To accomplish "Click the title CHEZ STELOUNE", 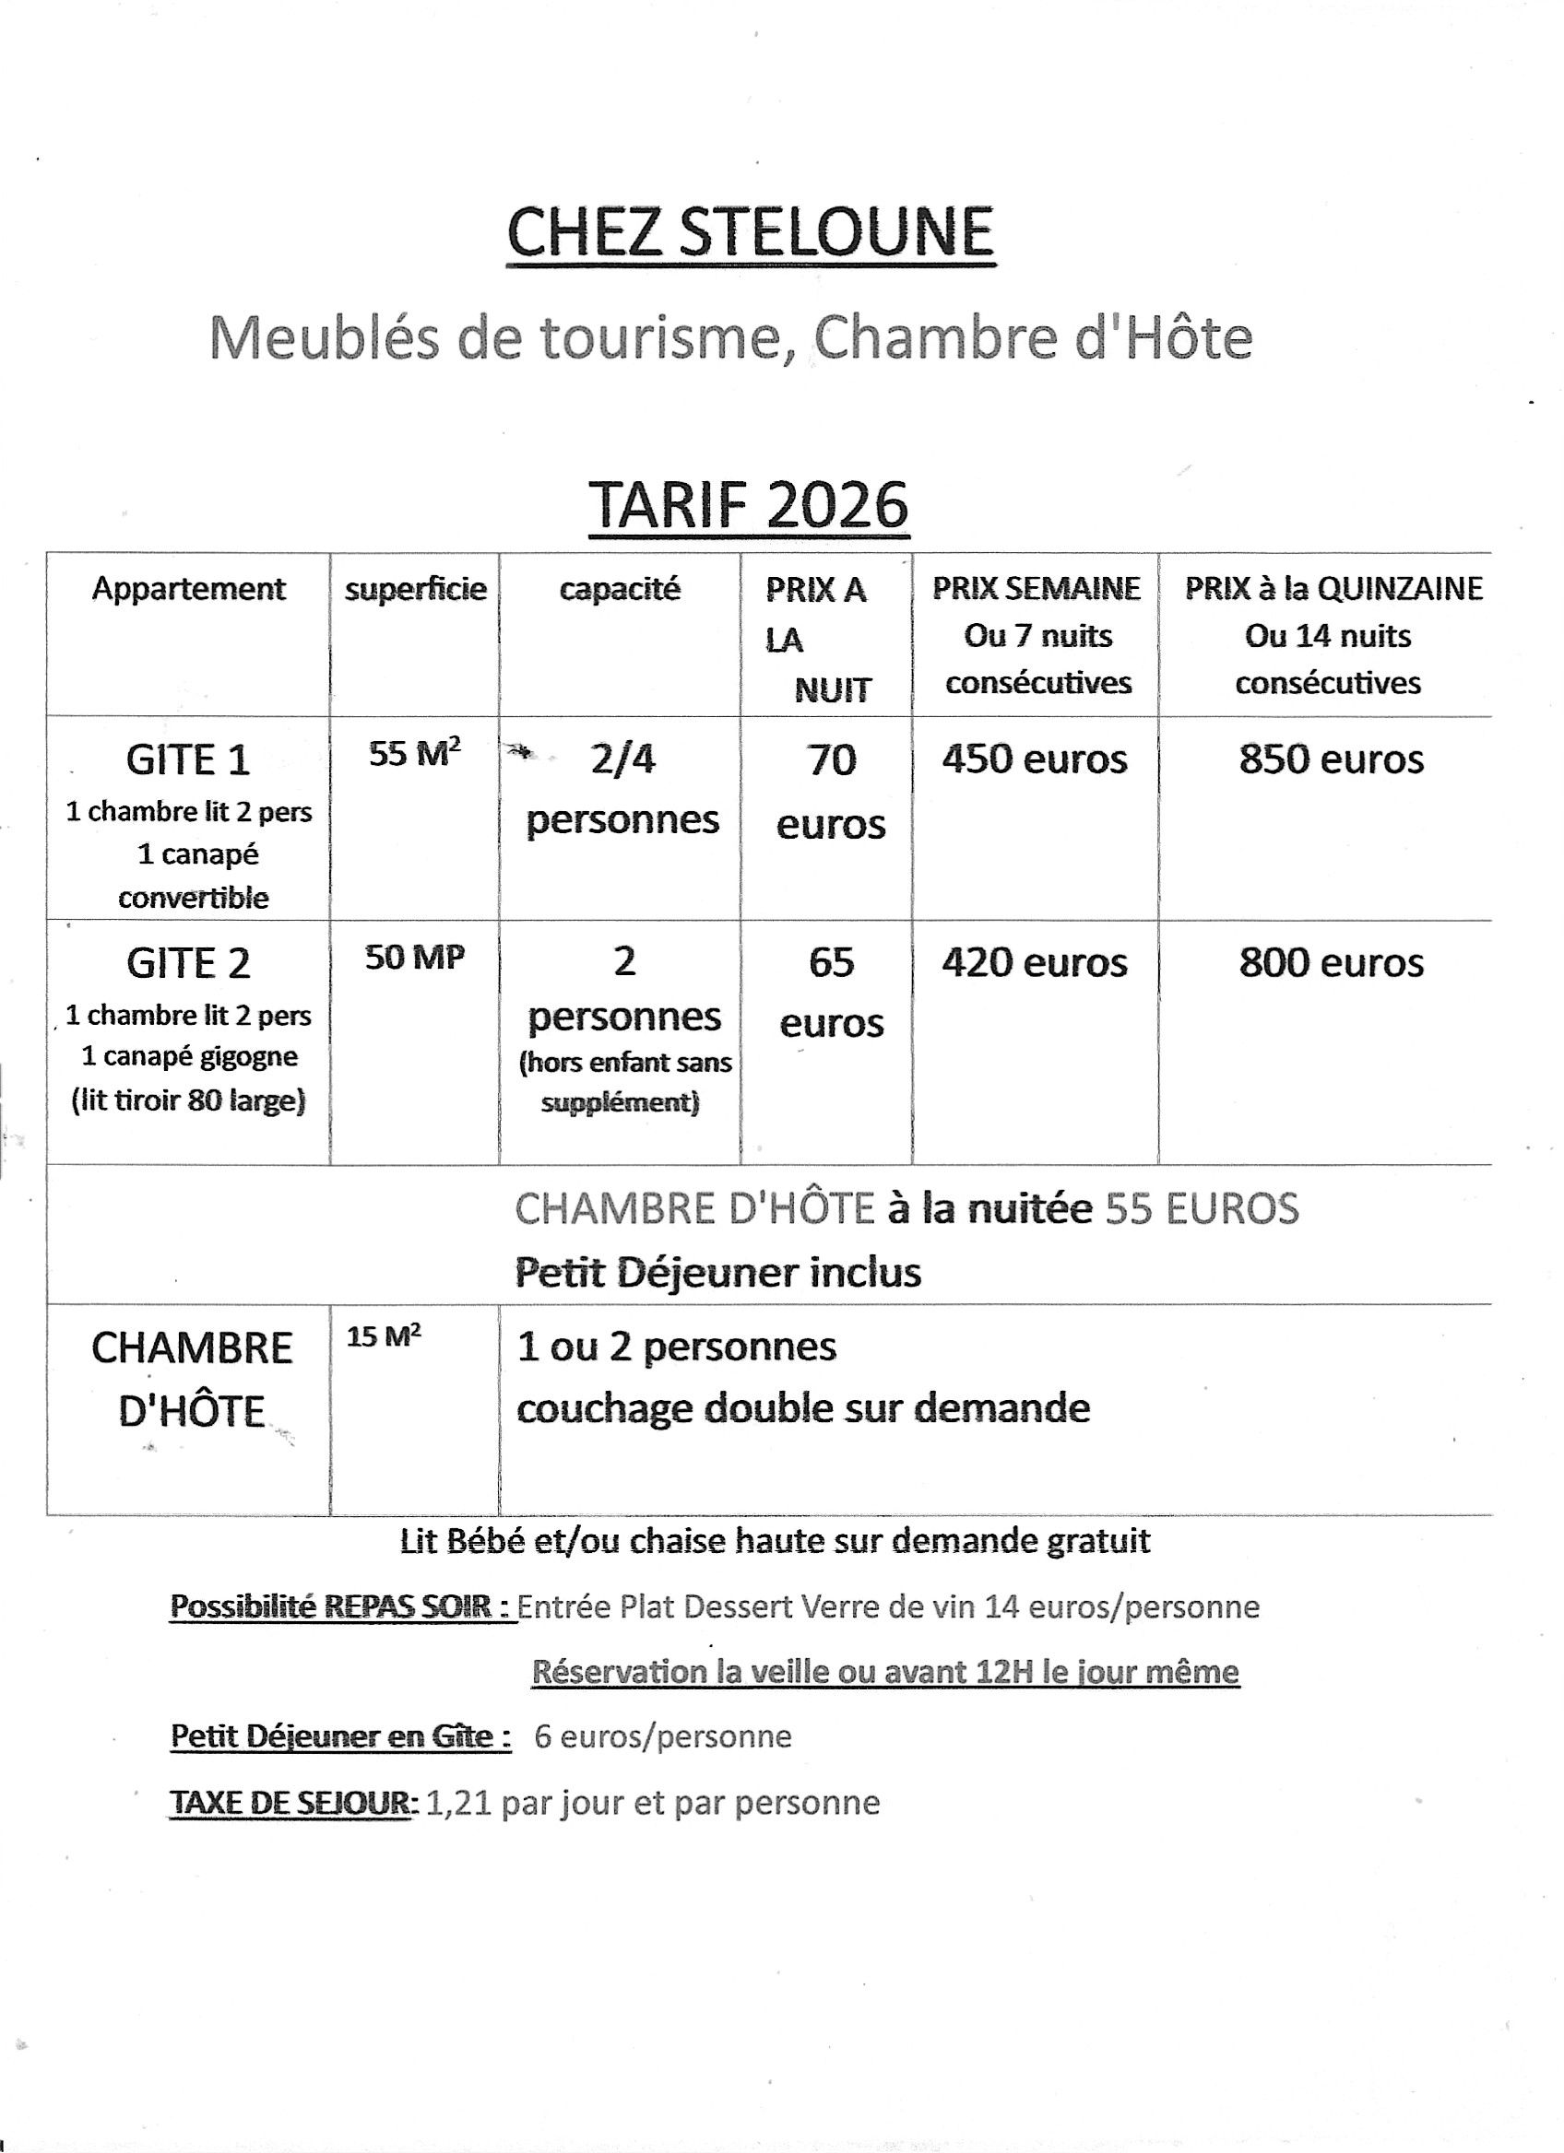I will (751, 231).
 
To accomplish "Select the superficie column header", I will (415, 590).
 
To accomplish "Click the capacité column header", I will (619, 590).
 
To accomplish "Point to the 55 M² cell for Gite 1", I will (415, 755).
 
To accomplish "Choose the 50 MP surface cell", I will (415, 958).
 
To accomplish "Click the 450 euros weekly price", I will (1034, 759).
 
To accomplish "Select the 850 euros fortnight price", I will (1331, 759).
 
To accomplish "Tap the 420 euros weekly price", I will (1034, 962).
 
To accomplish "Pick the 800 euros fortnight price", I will (1331, 962).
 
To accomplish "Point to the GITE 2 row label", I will (188, 963).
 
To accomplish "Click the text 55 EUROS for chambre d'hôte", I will (1202, 1208).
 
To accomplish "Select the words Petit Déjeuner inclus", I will (717, 1272).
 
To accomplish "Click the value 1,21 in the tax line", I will (458, 1803).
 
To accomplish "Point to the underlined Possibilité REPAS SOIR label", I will (341, 1606).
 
